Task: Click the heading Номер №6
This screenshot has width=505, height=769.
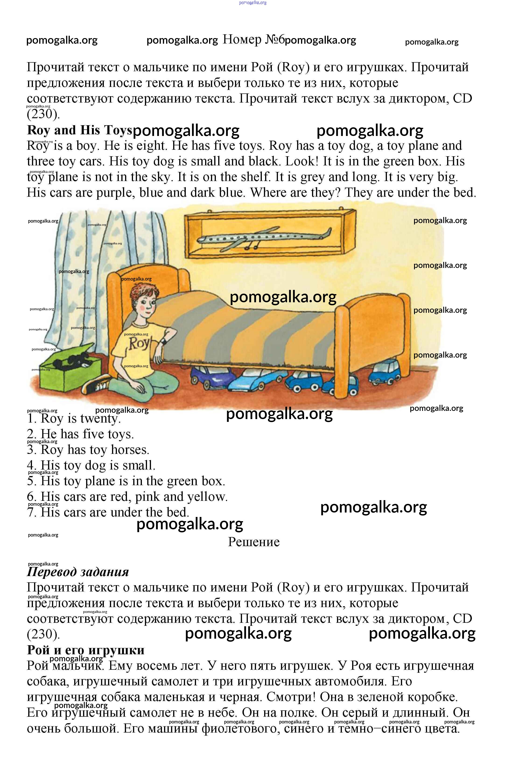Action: [x=253, y=39]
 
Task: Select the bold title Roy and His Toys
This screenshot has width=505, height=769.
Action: [x=79, y=130]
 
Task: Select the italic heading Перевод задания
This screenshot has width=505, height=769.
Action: [x=78, y=572]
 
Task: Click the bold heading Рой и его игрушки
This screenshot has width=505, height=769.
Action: [x=86, y=650]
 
